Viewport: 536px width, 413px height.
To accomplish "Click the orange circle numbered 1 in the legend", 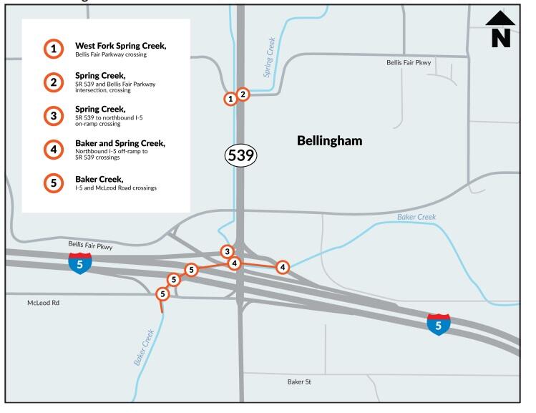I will click(x=54, y=49).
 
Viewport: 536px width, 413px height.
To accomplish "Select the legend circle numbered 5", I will click(x=54, y=183).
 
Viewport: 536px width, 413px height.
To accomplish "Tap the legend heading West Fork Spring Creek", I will click(x=120, y=45).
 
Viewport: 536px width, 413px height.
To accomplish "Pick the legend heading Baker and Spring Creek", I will click(x=120, y=143).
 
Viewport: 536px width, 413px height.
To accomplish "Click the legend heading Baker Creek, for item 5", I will click(x=99, y=179).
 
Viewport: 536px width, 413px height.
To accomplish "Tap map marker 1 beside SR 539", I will click(x=230, y=99).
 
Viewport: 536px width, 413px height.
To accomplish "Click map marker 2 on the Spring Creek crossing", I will click(x=243, y=94).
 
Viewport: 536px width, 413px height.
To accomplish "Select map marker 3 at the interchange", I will click(x=227, y=251).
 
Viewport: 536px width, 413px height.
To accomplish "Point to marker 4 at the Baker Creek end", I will click(x=283, y=267).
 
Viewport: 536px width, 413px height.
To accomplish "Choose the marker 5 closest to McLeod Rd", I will click(x=162, y=293).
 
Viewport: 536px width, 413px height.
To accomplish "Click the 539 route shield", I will click(x=241, y=155).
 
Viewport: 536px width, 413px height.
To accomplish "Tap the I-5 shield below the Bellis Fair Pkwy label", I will click(x=80, y=263).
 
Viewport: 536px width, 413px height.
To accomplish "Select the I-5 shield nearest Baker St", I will click(x=439, y=324).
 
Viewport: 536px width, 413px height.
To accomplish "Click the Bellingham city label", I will click(x=329, y=141).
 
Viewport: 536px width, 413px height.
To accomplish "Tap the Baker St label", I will click(x=299, y=382).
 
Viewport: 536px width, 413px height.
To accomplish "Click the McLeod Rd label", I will click(x=43, y=303).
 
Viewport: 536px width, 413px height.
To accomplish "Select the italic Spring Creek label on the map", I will click(x=270, y=57).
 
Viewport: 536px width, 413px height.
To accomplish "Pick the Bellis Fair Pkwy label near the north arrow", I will click(x=409, y=63).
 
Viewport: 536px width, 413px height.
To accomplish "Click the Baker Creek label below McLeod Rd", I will click(x=145, y=348).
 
